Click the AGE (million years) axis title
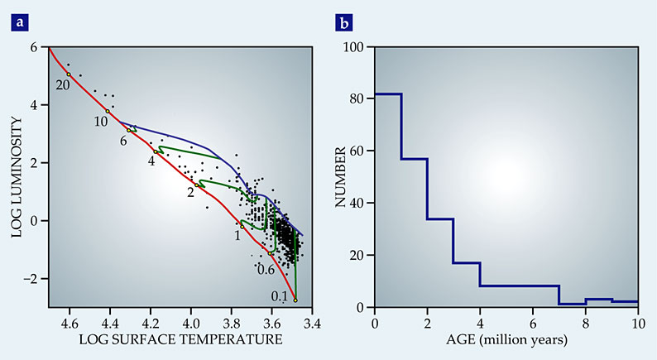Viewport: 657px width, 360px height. pos(506,339)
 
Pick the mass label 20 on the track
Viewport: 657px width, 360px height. pos(63,84)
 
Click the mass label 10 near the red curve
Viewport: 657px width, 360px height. pos(101,121)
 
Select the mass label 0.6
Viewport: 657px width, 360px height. pos(266,270)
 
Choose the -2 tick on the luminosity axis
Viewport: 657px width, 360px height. pos(31,279)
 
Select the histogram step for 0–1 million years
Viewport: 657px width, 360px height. pos(388,94)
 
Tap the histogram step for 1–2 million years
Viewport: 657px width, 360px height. pos(415,158)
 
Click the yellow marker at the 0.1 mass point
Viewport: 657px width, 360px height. pos(295,300)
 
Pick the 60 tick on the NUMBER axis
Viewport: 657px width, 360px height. pos(358,151)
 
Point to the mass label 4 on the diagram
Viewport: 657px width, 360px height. pos(151,161)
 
